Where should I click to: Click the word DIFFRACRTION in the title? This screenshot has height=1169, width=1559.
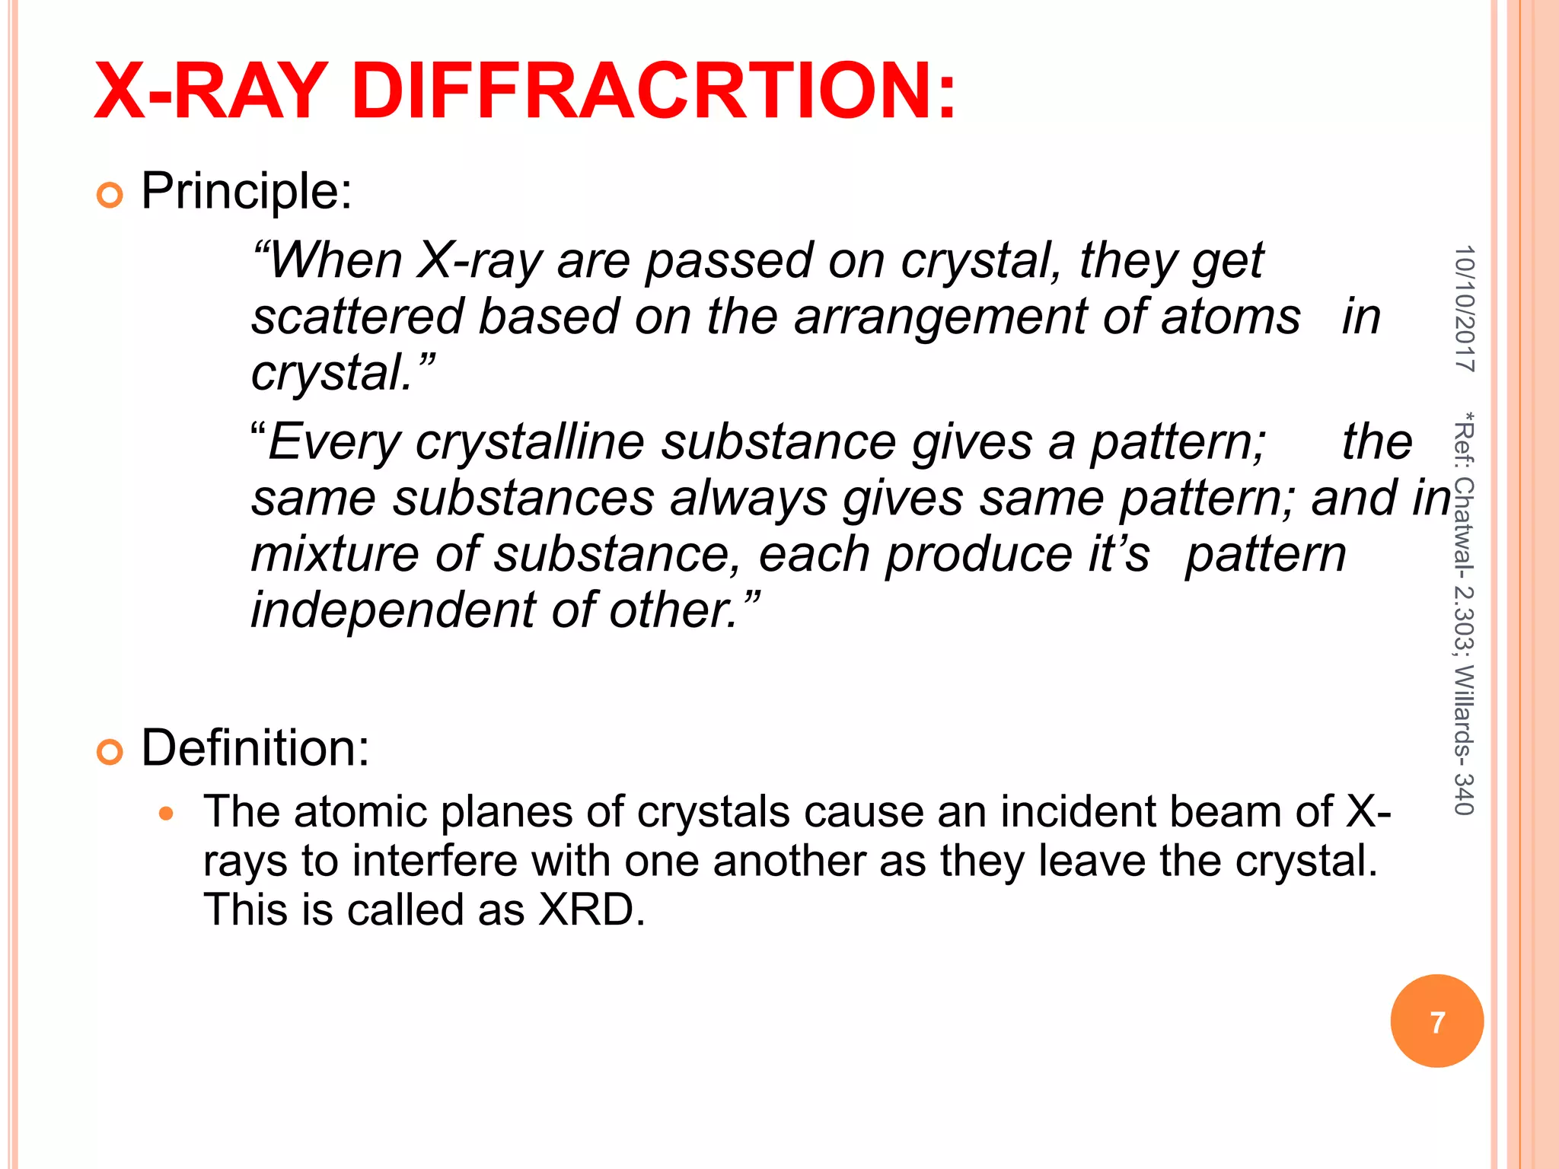[x=653, y=91]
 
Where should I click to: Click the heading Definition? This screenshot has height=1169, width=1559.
[x=255, y=747]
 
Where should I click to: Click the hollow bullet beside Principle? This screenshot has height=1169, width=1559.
[x=110, y=196]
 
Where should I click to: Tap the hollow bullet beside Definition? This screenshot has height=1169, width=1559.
[x=110, y=753]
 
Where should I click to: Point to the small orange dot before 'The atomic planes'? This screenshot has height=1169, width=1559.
[x=167, y=814]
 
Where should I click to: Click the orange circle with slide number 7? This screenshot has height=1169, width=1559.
[x=1436, y=1021]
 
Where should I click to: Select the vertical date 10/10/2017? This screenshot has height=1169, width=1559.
[x=1464, y=308]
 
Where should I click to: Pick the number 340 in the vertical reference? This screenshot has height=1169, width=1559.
[x=1464, y=794]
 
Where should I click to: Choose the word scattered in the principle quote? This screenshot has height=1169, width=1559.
[x=357, y=317]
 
